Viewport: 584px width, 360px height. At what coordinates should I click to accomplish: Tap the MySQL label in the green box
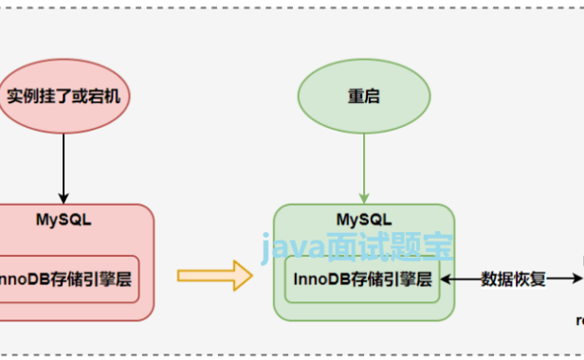[x=363, y=219]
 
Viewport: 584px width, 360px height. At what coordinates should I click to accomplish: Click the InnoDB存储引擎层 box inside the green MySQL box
[x=363, y=279]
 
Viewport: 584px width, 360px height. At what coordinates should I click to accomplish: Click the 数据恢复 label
[x=512, y=279]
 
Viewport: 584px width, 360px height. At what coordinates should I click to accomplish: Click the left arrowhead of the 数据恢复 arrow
[x=445, y=279]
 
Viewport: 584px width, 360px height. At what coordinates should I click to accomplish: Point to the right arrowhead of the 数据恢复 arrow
[x=577, y=279]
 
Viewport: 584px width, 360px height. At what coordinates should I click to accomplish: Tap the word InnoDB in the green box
[x=322, y=279]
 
